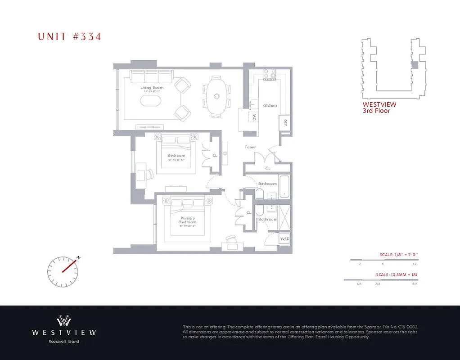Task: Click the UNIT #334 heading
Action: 69,37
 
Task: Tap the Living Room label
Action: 151,88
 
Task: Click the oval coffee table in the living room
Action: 151,100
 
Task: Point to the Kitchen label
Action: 270,105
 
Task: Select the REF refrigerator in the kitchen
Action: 285,122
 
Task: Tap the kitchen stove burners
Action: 270,74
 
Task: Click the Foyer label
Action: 250,147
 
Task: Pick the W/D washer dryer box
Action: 284,238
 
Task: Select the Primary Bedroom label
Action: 188,220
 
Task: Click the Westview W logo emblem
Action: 63,321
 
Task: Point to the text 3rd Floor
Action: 376,111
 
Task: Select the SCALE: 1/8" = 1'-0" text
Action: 399,255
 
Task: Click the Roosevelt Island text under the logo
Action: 63,342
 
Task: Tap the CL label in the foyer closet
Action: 268,168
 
